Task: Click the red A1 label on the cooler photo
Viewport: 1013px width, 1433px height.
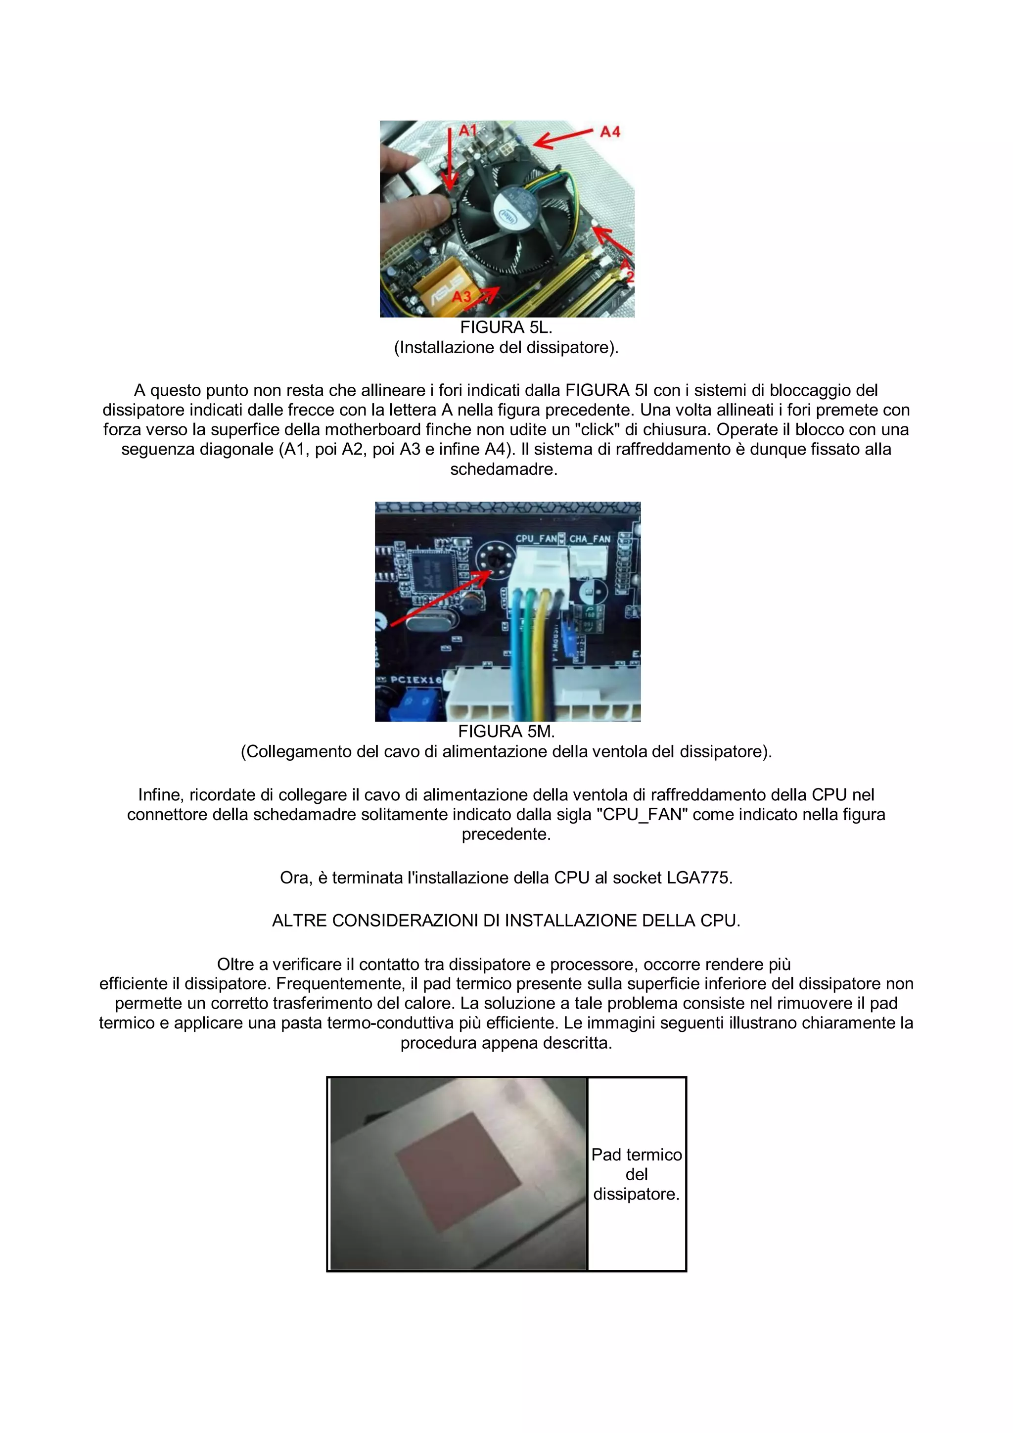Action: tap(467, 131)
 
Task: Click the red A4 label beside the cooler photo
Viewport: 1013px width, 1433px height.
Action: tap(610, 132)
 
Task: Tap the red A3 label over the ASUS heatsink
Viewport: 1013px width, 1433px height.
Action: tap(462, 296)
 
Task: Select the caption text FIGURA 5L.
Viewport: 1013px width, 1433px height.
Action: tap(506, 327)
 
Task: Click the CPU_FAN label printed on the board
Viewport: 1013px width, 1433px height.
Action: tap(536, 539)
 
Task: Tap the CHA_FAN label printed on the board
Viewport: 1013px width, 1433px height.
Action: tap(589, 539)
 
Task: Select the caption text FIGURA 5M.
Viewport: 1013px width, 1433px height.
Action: tap(506, 732)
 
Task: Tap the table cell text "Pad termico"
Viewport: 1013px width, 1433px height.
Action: tap(636, 1155)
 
